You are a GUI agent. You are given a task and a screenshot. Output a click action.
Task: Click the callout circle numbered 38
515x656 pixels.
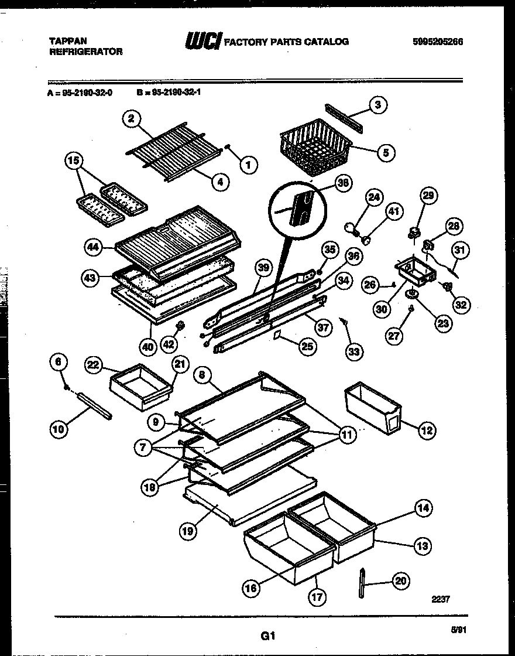click(x=344, y=183)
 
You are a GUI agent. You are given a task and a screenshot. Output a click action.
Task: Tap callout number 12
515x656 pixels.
click(x=427, y=430)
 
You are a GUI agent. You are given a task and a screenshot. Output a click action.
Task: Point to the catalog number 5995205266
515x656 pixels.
click(x=437, y=42)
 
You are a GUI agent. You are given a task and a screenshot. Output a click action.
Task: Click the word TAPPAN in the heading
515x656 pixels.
click(x=67, y=41)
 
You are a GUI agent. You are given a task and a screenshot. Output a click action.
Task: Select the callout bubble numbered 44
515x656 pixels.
click(x=93, y=248)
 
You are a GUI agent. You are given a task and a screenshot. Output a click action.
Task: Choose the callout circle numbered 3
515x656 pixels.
click(x=377, y=105)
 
